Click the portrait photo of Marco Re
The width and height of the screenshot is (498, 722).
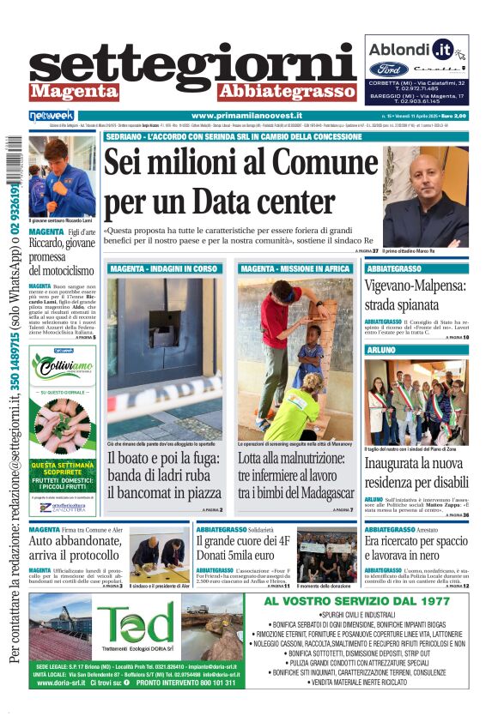(425, 196)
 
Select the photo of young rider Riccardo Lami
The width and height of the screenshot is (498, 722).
(62, 176)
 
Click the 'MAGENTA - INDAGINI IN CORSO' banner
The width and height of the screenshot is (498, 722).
(164, 268)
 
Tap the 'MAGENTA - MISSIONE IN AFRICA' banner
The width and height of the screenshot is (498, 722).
(295, 268)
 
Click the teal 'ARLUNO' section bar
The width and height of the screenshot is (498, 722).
(416, 351)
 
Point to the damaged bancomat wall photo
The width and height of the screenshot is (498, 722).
(164, 357)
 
